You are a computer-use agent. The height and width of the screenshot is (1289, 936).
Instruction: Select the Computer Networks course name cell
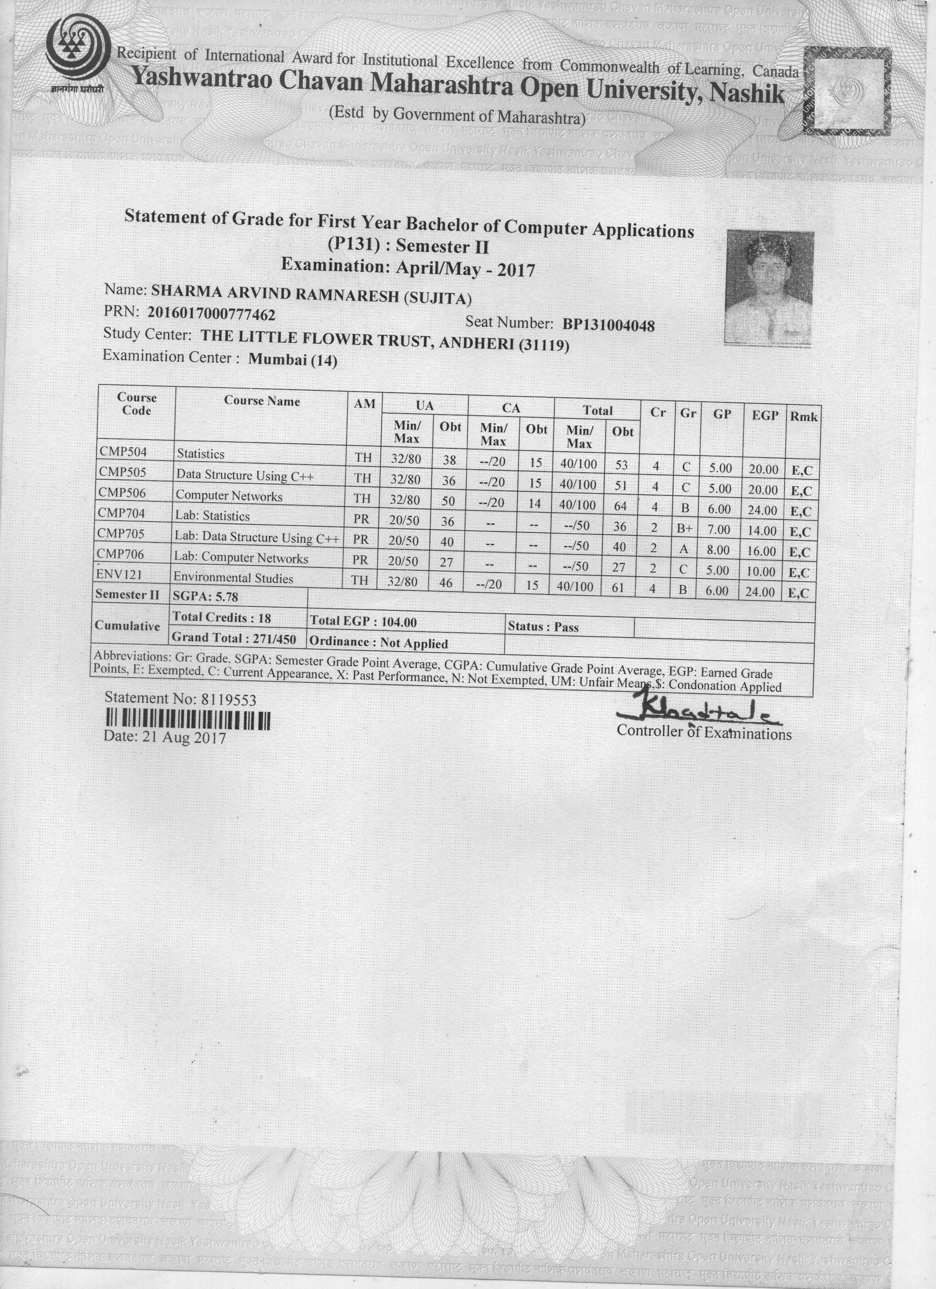point(229,496)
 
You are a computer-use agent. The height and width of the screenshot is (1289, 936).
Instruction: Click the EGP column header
point(765,415)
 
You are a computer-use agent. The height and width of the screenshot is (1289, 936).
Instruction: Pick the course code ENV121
point(119,575)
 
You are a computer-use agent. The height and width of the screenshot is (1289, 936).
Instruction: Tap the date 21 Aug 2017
point(165,738)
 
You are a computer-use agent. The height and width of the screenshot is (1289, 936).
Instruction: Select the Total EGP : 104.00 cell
point(363,622)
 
